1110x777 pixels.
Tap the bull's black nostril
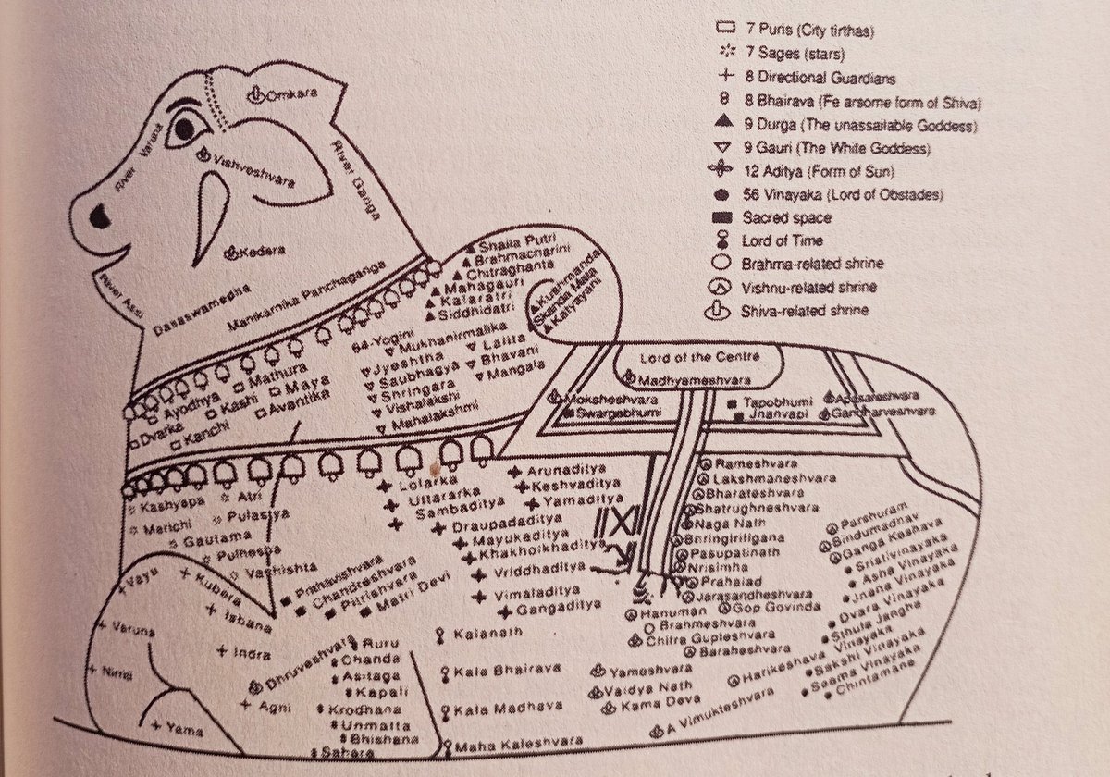pyautogui.click(x=99, y=217)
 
